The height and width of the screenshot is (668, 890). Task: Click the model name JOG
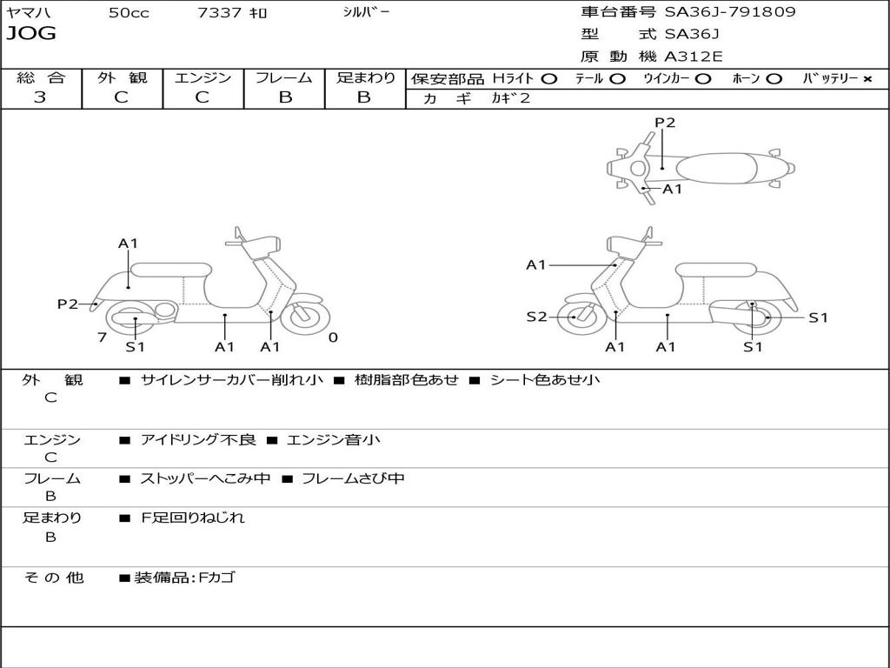[x=31, y=35]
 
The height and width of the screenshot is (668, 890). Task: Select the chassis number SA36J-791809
[x=730, y=12]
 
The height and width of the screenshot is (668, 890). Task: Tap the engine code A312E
[x=694, y=57]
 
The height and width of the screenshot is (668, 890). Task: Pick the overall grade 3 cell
[x=40, y=97]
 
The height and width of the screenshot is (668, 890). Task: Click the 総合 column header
[x=41, y=77]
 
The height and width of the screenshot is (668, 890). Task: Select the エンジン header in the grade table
[x=203, y=77]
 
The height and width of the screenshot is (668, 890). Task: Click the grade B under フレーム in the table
[x=284, y=97]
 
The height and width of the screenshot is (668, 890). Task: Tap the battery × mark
[x=867, y=79]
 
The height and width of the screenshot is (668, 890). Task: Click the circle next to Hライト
[x=549, y=79]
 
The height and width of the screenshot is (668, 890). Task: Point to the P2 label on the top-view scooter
[x=665, y=123]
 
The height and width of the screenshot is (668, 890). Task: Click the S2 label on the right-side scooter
[x=536, y=317]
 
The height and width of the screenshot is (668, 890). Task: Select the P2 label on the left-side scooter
[x=68, y=304]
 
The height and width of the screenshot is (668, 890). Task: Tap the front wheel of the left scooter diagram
[x=306, y=317]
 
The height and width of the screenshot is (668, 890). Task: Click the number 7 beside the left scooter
[x=102, y=337]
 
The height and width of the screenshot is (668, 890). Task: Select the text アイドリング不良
[x=198, y=440]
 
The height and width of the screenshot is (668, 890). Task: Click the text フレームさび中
[x=353, y=478]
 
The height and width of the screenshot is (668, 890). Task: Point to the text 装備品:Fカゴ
[x=184, y=578]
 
